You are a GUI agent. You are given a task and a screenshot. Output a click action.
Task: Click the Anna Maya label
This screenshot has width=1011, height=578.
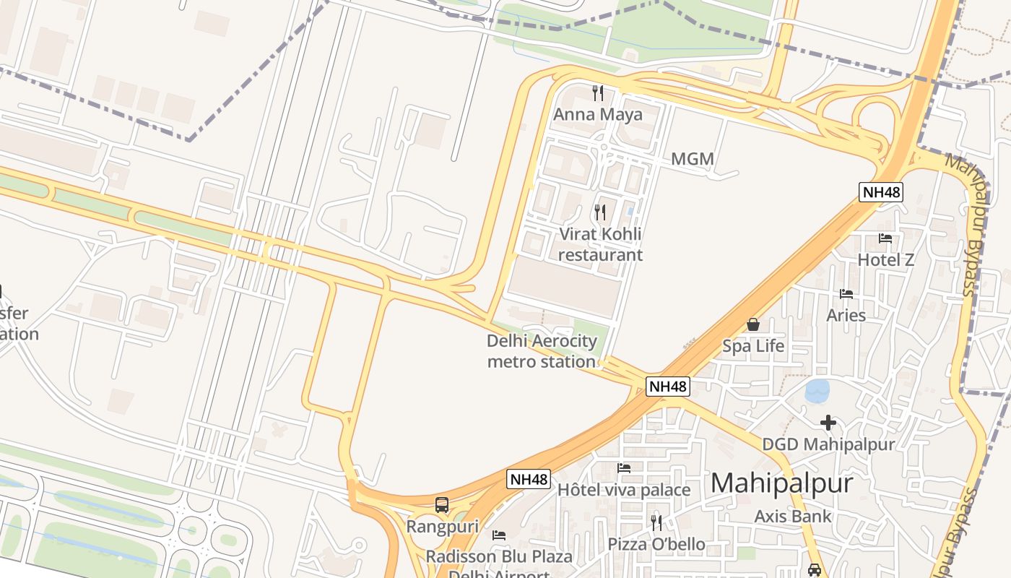tap(597, 115)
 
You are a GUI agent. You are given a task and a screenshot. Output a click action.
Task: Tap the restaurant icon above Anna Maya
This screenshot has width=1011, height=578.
tap(597, 92)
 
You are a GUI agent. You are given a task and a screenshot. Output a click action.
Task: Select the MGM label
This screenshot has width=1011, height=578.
tap(692, 159)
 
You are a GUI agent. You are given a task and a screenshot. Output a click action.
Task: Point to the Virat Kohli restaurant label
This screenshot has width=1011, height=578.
tap(599, 244)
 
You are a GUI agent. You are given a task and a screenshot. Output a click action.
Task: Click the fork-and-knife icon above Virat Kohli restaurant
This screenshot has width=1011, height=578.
tap(599, 212)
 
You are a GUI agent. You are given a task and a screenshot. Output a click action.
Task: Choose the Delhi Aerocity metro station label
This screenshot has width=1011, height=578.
tap(542, 351)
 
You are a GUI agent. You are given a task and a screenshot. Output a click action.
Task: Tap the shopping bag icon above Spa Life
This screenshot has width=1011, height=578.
tap(753, 324)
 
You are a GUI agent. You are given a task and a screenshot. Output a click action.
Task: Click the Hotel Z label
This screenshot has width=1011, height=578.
tap(885, 260)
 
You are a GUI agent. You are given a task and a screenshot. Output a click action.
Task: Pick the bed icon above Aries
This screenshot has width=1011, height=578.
tap(846, 294)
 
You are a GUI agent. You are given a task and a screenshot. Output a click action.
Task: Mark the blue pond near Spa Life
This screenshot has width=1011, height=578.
tap(817, 392)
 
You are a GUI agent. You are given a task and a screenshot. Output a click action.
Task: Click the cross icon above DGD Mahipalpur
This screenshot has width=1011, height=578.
tap(828, 422)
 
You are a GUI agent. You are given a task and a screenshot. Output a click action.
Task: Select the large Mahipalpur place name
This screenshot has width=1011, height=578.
tap(781, 483)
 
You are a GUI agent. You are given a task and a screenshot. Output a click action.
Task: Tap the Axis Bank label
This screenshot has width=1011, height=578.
tap(793, 517)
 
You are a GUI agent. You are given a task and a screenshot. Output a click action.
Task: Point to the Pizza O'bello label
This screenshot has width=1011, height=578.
tap(656, 544)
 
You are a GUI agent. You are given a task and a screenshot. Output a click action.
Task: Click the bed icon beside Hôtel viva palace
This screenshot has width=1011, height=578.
tap(624, 468)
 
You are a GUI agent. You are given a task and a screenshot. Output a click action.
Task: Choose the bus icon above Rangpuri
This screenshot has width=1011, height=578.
tap(442, 505)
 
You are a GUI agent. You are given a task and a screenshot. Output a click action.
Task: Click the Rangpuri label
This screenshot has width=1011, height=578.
tap(442, 527)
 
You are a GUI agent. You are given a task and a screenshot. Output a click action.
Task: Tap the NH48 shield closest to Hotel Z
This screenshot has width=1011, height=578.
tap(880, 192)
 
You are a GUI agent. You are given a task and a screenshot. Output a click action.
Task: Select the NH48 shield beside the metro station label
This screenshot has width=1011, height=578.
tap(667, 387)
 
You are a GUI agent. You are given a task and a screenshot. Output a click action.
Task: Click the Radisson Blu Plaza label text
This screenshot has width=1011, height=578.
tap(498, 557)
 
